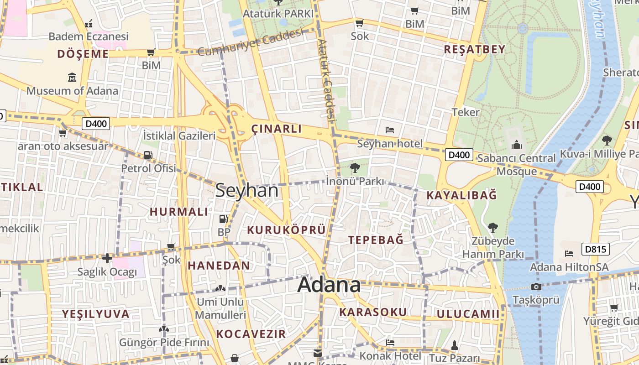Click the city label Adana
click(329, 285)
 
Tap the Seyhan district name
click(246, 190)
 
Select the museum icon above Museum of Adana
click(72, 78)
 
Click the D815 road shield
click(596, 249)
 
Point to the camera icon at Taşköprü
click(536, 287)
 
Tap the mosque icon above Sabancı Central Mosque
click(517, 145)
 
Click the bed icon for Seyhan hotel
click(390, 130)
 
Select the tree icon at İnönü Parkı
click(355, 168)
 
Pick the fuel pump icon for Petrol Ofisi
click(148, 155)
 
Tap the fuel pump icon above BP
click(223, 219)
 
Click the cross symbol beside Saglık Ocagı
click(107, 259)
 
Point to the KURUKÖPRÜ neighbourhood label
click(286, 230)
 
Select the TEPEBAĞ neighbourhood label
click(376, 240)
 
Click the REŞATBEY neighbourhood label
click(475, 49)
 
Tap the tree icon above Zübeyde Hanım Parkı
click(492, 227)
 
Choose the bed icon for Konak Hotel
click(390, 342)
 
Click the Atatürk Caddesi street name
click(327, 80)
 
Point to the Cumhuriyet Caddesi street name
click(250, 42)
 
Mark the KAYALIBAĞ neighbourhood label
click(461, 195)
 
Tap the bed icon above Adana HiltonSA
click(569, 253)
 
